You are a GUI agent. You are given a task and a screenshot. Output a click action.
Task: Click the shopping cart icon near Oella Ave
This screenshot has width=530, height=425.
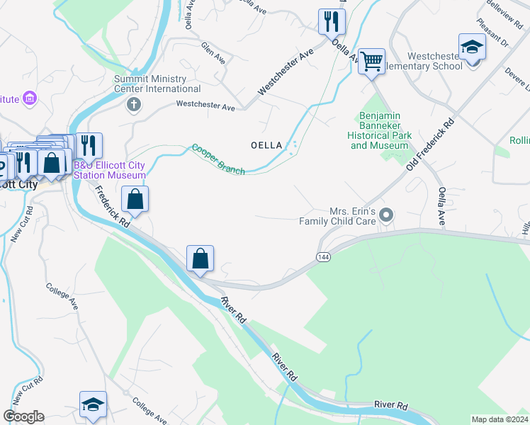[371, 62]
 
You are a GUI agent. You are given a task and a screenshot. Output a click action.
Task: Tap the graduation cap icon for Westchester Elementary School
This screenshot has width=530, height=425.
[471, 47]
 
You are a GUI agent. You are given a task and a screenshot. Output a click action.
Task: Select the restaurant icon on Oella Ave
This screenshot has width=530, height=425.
[331, 22]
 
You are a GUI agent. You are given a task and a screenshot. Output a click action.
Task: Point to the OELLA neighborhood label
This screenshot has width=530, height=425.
[267, 145]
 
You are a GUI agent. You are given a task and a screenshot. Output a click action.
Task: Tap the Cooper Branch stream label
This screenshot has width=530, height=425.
[218, 159]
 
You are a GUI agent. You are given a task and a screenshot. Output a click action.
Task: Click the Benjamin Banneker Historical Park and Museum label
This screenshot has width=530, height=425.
[380, 130]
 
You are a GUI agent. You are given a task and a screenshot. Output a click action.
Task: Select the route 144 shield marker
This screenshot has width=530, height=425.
[323, 256]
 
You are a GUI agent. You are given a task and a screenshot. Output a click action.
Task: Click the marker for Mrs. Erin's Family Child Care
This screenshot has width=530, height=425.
[386, 214]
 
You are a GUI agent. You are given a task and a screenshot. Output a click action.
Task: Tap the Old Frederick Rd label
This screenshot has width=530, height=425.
[430, 144]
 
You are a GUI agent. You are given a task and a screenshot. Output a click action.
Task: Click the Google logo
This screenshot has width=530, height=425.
[23, 416]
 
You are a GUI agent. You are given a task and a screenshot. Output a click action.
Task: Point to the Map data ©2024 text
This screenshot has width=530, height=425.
[500, 419]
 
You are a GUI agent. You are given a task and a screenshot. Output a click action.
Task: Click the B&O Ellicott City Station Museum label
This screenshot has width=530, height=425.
[110, 170]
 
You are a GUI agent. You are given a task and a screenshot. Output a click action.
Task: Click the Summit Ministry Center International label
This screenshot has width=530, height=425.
[158, 84]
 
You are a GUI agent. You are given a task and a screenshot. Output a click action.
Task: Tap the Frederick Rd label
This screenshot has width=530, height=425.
[112, 205]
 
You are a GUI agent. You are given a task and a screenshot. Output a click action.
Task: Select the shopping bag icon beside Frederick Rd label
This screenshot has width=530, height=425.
[135, 199]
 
